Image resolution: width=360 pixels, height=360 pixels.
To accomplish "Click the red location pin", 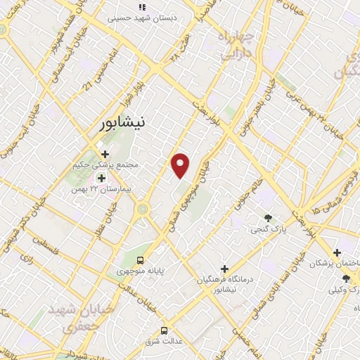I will (x=181, y=165).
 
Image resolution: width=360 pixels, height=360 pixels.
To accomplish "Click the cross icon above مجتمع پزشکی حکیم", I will (x=105, y=154).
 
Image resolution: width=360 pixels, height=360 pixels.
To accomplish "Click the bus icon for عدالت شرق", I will (x=164, y=330).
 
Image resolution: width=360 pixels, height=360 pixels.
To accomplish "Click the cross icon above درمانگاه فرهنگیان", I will (x=224, y=268).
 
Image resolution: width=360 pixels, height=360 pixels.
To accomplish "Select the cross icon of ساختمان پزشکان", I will (x=337, y=252).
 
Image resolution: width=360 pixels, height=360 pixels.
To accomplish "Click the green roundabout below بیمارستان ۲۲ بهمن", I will (x=143, y=209).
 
